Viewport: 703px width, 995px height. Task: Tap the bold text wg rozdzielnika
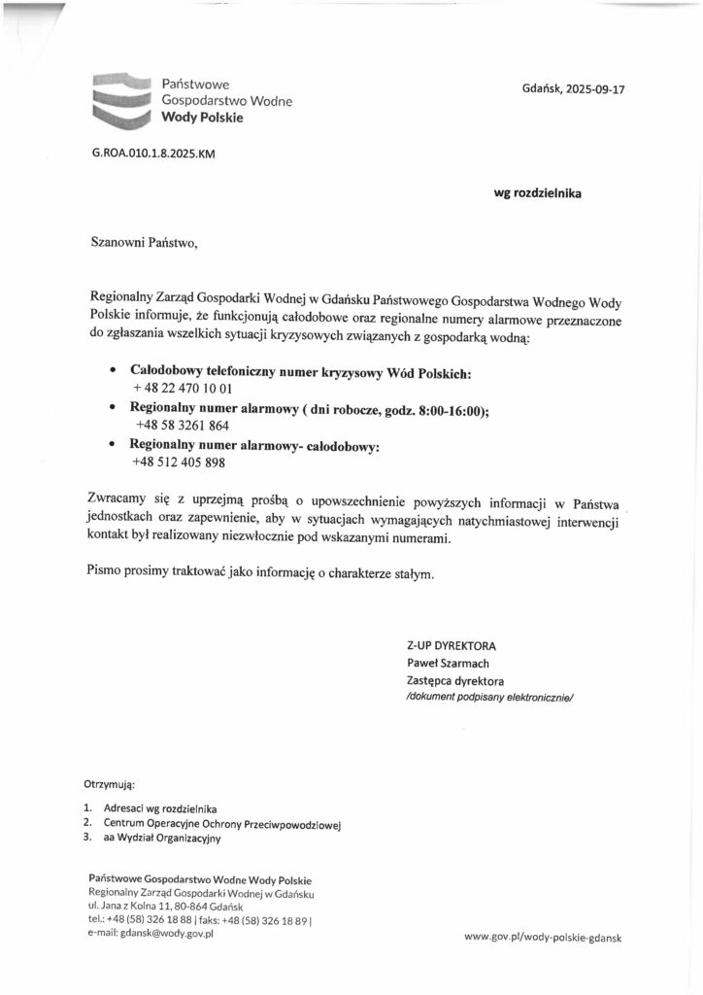538,193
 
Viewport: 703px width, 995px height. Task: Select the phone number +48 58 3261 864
183,425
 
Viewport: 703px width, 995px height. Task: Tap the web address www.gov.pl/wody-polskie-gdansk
543,938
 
